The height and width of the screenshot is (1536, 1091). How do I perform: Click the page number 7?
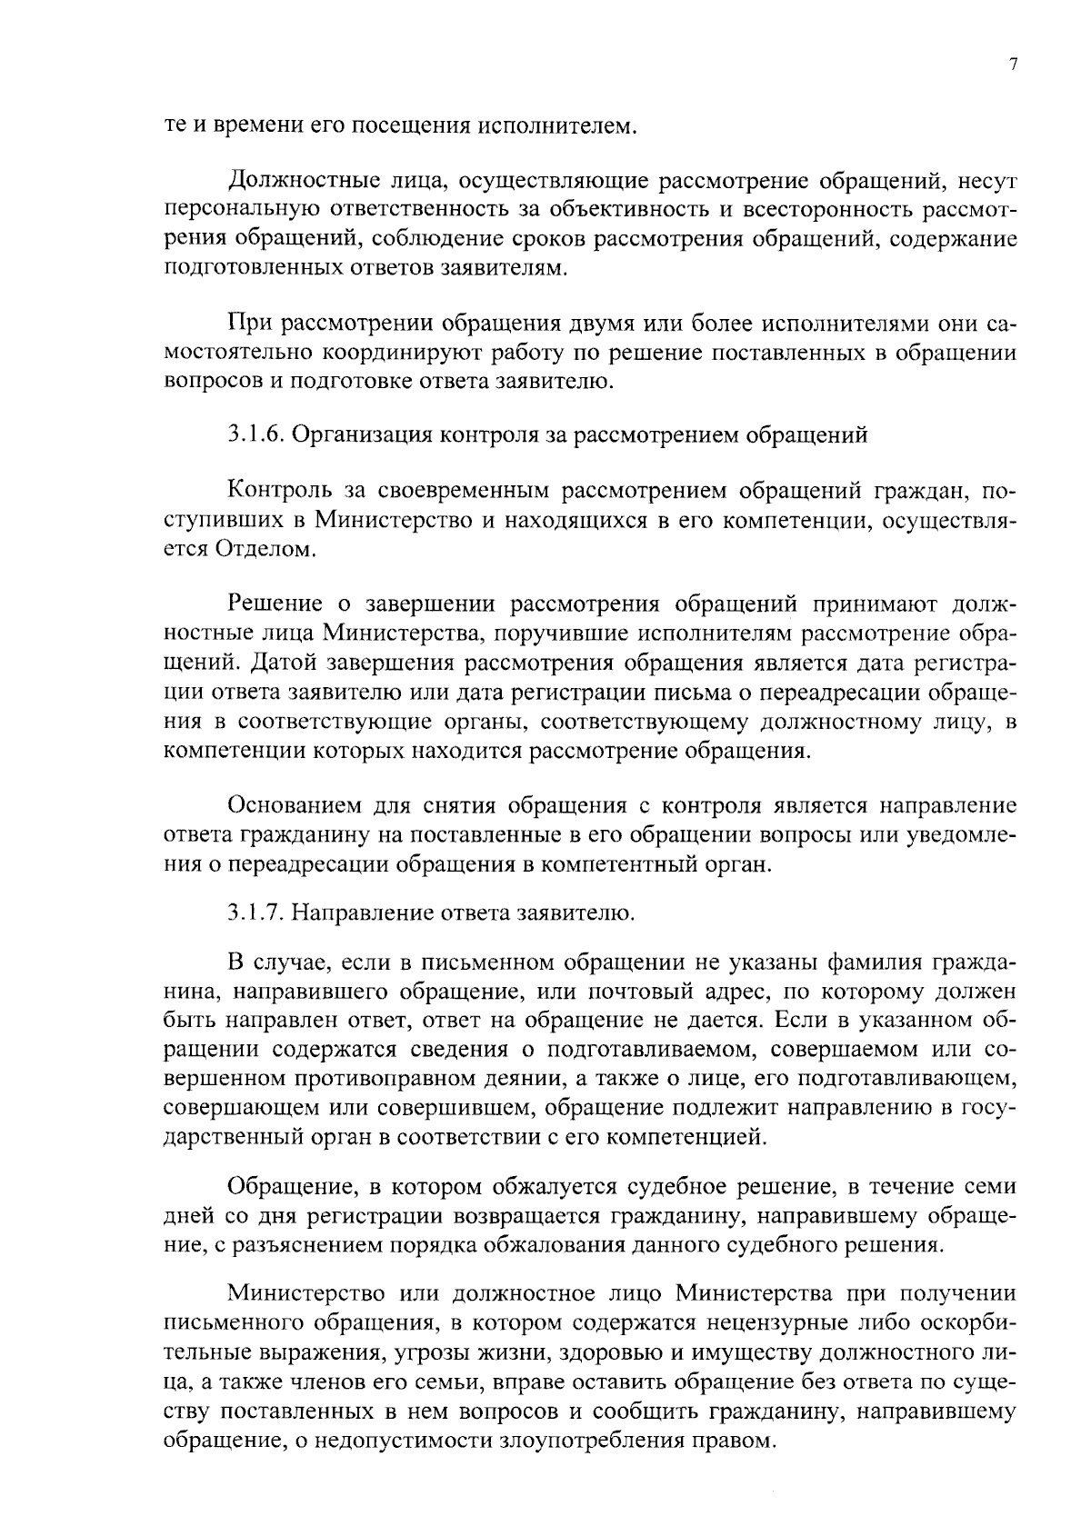1013,65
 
